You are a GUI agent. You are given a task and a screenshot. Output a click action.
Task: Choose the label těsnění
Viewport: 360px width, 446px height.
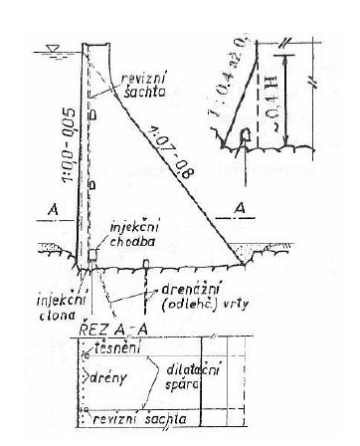(x=118, y=346)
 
